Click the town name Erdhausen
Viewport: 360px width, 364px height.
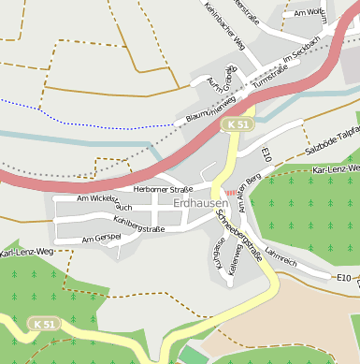click(200, 201)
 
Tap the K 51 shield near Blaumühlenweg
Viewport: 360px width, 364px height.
click(238, 124)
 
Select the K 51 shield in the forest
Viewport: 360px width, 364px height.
click(43, 324)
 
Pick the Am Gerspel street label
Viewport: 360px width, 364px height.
click(102, 240)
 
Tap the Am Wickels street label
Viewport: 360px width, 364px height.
click(97, 199)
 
